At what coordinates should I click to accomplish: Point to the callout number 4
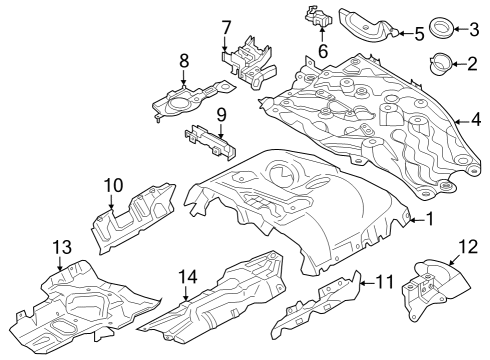476,121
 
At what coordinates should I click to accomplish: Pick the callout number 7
226,27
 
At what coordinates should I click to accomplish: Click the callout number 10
112,185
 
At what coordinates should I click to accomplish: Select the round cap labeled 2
440,67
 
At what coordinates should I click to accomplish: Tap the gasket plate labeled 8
184,98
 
